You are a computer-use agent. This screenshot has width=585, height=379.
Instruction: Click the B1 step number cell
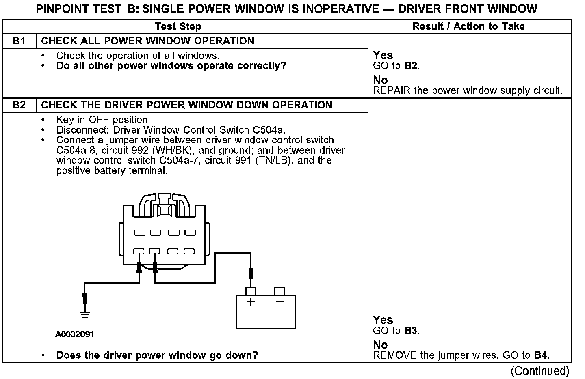(19, 41)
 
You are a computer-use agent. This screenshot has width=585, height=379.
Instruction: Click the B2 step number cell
(19, 105)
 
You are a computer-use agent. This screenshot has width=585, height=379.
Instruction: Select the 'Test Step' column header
(178, 26)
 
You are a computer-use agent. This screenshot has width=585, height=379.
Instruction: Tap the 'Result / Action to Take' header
(468, 26)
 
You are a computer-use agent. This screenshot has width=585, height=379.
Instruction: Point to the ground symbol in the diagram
(85, 313)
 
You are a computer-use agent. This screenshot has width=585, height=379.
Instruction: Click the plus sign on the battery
(251, 302)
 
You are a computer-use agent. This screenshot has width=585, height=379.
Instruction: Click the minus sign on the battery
(279, 302)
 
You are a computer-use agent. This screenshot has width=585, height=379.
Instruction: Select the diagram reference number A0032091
(75, 334)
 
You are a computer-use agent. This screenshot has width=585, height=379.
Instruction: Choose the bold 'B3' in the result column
(411, 331)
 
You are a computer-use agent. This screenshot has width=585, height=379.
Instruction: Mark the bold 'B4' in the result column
(540, 355)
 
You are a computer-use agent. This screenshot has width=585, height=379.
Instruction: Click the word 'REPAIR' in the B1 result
(392, 90)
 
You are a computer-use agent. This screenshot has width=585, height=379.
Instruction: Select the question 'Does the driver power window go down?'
(157, 355)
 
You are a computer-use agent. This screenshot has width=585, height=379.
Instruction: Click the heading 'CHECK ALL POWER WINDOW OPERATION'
(148, 41)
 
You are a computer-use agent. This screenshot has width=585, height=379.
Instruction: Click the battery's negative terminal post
(279, 291)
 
